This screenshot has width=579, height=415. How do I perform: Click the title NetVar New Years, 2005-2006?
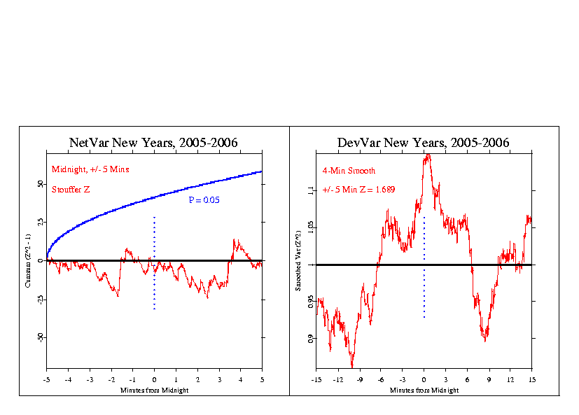[153, 143]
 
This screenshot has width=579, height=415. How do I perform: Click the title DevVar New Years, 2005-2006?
[423, 143]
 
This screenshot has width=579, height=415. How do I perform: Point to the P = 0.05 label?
[204, 200]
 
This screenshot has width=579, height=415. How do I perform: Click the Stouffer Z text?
[71, 188]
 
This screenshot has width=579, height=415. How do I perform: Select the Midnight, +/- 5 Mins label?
[90, 169]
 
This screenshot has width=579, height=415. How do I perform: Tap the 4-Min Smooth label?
[349, 170]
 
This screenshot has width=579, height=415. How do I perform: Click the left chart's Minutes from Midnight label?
[153, 390]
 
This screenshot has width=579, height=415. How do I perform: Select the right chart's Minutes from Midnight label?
[424, 390]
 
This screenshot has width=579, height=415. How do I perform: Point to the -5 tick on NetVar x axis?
[46, 381]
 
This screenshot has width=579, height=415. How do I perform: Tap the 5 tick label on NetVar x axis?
[262, 381]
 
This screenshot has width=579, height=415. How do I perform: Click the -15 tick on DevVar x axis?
[316, 381]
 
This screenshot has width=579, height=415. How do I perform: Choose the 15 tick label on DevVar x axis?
[531, 381]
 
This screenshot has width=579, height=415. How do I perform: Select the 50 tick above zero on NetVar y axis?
[39, 185]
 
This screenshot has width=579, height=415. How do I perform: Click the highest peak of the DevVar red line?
[427, 155]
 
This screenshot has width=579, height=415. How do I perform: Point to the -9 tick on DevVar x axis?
[359, 381]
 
